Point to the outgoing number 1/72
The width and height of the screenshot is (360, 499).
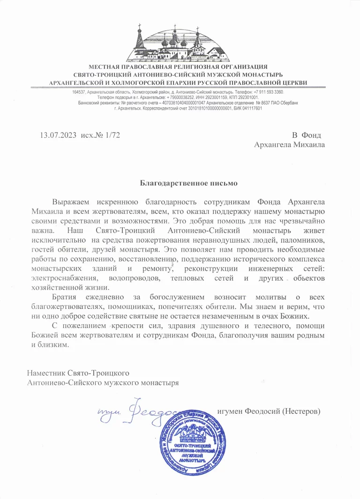click(112, 135)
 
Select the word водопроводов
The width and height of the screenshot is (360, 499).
click(130, 278)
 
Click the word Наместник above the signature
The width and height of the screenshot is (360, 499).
click(46, 373)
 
